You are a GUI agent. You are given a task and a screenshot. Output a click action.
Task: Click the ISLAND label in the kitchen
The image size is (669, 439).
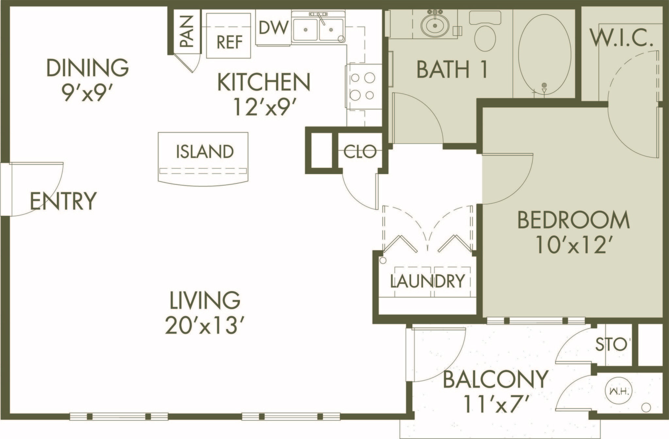(x=205, y=152)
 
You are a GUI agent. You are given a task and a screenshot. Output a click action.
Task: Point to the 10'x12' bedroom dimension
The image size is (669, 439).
(x=574, y=246)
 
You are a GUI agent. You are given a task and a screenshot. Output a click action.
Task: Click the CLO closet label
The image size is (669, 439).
(x=360, y=152)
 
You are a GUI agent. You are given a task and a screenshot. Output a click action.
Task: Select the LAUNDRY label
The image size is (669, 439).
(x=427, y=281)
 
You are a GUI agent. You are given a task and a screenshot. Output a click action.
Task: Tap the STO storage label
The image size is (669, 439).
(x=613, y=345)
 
